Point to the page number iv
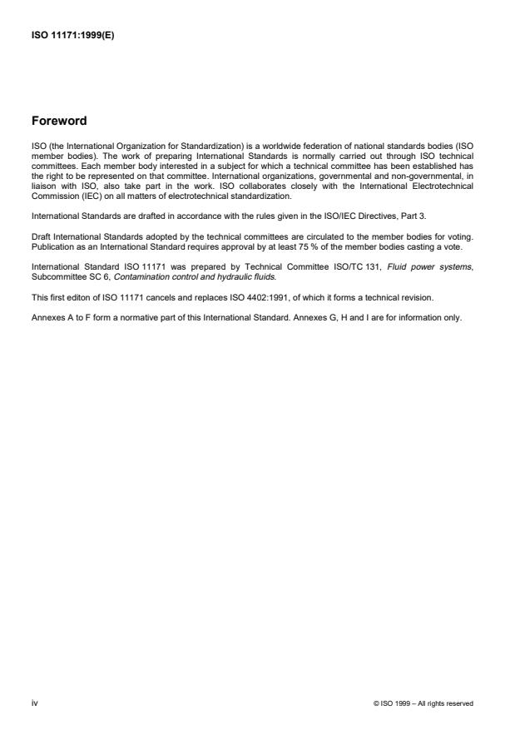click(x=33, y=703)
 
